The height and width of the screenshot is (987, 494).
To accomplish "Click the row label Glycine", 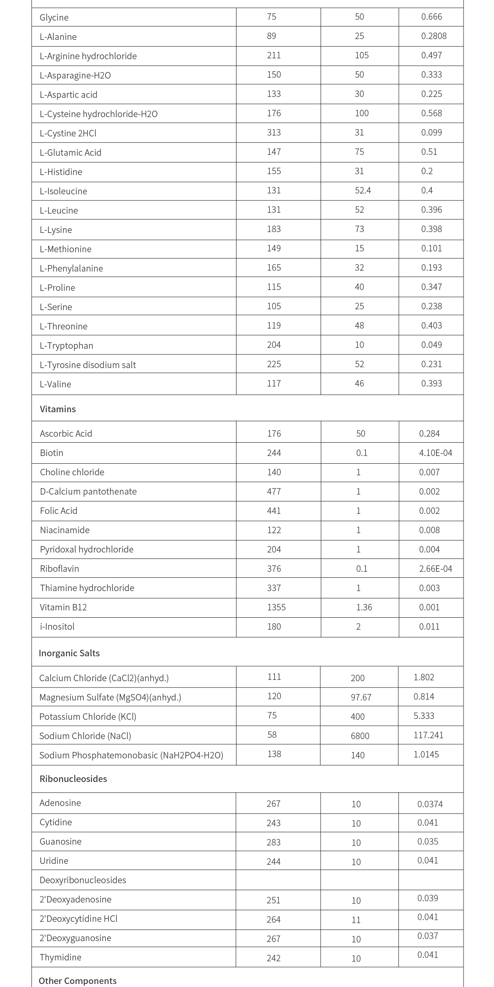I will [x=54, y=18].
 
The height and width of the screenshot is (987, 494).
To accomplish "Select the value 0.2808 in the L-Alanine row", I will [x=433, y=36].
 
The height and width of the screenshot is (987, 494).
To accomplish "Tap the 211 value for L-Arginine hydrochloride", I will [x=274, y=55].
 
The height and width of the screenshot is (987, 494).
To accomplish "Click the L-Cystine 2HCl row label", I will [x=68, y=133].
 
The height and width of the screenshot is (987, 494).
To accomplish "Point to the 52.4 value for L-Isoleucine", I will [x=363, y=190].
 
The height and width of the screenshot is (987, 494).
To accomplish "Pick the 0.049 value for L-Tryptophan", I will [x=431, y=345].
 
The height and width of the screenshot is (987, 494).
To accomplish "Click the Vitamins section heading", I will [x=58, y=409].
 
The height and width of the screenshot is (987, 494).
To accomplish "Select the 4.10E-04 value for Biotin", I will [x=435, y=453].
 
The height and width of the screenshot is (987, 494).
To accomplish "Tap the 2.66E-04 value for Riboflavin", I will [x=435, y=569].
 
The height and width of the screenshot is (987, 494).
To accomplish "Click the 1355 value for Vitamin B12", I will [x=276, y=607].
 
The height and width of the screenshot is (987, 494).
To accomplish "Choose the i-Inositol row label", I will [x=57, y=627].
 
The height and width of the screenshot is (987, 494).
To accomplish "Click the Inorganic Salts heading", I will [x=69, y=653].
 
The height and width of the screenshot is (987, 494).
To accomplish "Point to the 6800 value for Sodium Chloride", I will [x=360, y=736].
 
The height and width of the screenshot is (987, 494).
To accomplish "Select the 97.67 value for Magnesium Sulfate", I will [x=361, y=697].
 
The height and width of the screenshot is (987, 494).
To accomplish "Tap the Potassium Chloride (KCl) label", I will [x=88, y=717].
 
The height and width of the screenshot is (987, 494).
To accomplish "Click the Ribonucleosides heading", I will [x=73, y=779].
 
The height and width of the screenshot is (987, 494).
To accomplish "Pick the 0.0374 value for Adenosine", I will [x=430, y=804].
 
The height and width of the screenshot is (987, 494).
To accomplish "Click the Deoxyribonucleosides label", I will [x=83, y=880].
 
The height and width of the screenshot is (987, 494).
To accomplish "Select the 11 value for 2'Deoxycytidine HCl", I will [x=356, y=920].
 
